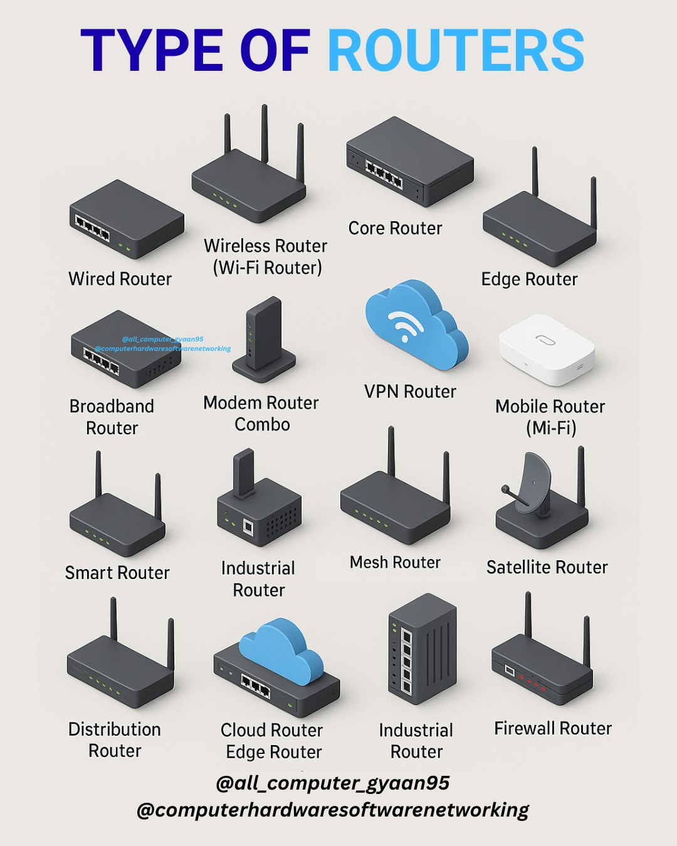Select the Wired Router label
[120, 279]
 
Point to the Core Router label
[395, 228]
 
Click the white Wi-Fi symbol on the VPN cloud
[405, 325]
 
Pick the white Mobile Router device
[547, 349]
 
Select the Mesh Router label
[395, 562]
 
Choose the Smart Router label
[117, 572]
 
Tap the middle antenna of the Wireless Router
[265, 133]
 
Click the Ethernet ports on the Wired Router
[92, 228]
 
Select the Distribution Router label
[115, 740]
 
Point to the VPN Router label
[410, 392]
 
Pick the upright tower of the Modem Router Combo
[263, 333]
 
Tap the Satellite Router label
[547, 567]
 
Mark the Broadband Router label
[112, 417]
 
